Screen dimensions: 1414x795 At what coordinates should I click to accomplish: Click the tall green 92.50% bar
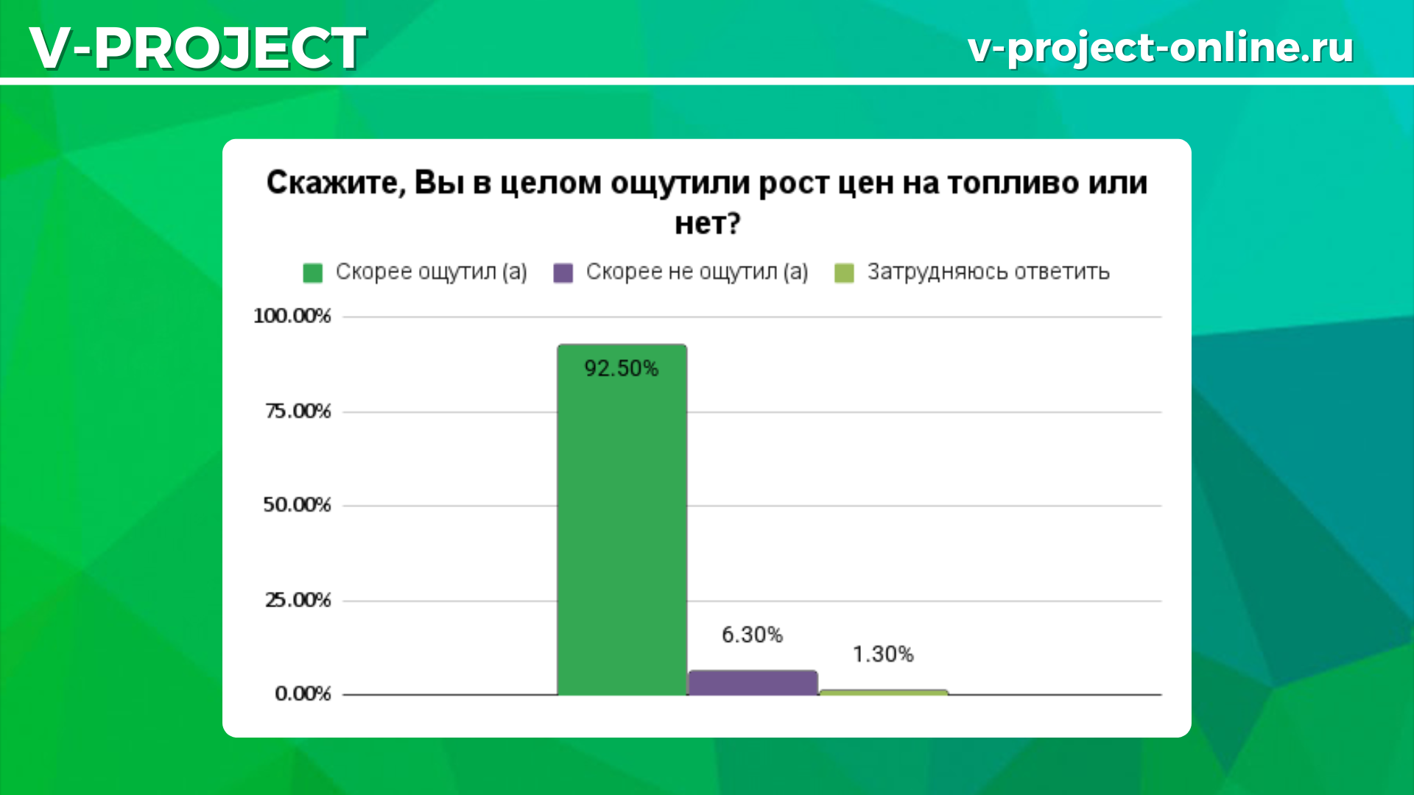622,520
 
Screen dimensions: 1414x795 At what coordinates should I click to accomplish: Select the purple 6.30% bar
753,682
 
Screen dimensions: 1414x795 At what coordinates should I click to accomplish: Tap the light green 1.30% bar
883,692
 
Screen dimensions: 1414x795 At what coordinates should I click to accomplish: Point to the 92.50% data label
622,368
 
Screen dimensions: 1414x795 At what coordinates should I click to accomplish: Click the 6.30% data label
752,635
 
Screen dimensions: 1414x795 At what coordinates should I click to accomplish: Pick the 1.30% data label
883,654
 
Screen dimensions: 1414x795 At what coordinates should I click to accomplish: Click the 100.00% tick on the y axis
292,316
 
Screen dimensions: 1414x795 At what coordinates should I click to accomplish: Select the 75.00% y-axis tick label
298,411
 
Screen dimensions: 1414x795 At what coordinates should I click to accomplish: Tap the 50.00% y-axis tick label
298,505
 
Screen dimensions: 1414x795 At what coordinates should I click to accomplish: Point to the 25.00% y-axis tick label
298,600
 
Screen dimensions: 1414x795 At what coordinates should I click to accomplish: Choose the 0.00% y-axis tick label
303,693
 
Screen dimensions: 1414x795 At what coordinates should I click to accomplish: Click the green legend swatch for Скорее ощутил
313,273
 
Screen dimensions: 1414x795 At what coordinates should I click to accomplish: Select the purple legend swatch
563,273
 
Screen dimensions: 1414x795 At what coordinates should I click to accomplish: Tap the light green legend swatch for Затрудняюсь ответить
844,273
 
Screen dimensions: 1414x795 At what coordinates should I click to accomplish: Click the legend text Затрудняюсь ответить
988,272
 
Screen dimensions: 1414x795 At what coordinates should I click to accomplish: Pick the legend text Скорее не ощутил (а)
697,272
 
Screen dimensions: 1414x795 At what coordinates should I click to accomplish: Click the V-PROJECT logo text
198,48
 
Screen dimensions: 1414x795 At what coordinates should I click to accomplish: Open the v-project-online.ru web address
1161,47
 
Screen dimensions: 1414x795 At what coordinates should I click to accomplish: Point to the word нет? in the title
707,222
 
